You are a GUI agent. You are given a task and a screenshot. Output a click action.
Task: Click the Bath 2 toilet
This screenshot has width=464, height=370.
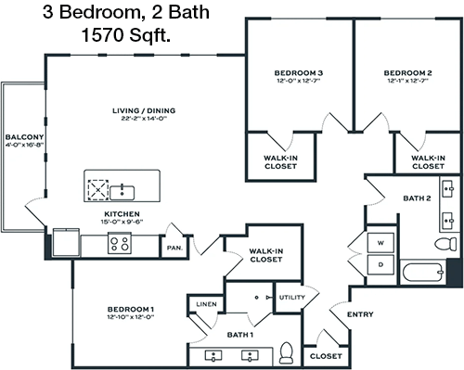tap(445, 244)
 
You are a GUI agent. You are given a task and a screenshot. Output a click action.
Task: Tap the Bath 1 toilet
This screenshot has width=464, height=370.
tap(286, 352)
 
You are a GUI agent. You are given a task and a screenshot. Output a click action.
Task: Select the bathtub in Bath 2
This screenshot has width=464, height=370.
tap(423, 272)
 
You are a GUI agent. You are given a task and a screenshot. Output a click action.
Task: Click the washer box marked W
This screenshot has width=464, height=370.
tap(380, 243)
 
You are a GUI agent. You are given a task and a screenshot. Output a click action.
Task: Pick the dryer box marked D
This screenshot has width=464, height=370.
tap(380, 264)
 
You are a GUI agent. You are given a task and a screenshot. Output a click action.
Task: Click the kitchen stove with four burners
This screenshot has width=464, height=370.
tap(120, 243)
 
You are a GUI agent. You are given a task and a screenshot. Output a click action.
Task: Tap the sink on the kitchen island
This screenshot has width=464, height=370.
tap(122, 193)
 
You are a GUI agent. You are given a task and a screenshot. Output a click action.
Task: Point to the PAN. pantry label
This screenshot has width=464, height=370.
tap(174, 248)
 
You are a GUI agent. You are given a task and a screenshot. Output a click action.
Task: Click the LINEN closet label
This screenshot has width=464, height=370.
tap(206, 304)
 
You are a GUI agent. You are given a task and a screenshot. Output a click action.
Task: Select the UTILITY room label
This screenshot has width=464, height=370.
tap(292, 298)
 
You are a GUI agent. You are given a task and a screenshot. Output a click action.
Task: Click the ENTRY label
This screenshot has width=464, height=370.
tap(360, 314)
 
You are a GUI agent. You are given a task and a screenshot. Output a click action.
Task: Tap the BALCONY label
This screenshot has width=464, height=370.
tap(24, 137)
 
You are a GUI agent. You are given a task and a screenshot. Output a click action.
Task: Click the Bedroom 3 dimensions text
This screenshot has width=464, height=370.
tap(298, 81)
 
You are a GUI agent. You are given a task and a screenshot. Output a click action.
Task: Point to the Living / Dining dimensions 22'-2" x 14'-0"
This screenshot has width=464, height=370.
tap(144, 119)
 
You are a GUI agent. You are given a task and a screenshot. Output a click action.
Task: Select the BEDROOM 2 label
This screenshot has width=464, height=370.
tap(407, 73)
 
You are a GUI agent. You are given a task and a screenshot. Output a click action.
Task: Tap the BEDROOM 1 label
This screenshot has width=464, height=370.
tap(131, 309)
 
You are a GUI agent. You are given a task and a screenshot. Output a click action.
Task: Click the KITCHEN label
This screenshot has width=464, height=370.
tap(122, 214)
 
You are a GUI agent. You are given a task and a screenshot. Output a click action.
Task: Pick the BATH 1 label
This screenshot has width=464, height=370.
tap(240, 335)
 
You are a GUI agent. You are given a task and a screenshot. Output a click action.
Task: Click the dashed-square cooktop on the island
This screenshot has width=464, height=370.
tap(98, 190)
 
